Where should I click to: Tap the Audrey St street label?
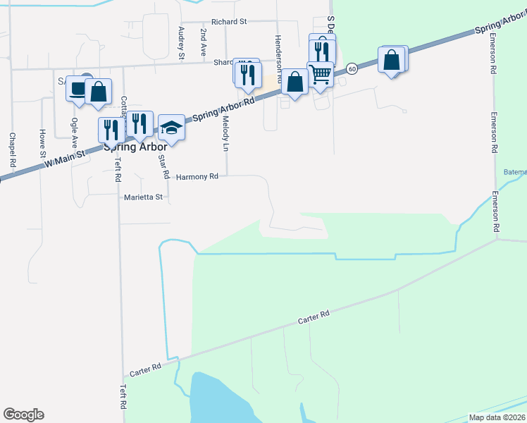(x=181, y=42)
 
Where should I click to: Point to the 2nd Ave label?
(x=203, y=42)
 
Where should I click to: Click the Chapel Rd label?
(x=13, y=150)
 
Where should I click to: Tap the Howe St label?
(x=42, y=143)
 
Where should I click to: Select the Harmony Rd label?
(x=197, y=176)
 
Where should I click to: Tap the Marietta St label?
(x=143, y=197)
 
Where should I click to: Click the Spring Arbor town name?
(x=135, y=147)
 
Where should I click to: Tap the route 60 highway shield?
(x=352, y=68)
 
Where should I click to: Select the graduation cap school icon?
(x=171, y=128)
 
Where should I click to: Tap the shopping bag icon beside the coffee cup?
(x=98, y=91)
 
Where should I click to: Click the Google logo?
(x=23, y=415)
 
